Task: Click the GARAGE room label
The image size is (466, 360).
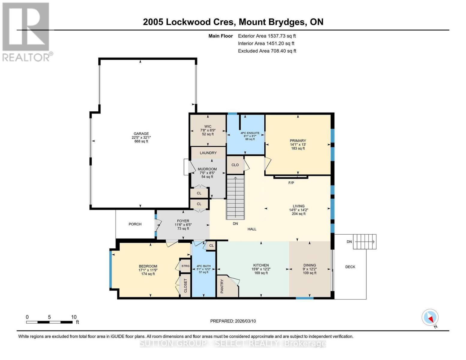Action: tap(141, 134)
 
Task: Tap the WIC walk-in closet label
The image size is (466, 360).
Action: tap(208, 127)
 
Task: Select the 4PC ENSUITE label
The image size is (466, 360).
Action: tap(250, 133)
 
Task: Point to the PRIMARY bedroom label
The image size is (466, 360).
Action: tap(298, 141)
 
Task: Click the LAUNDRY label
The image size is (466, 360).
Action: tap(208, 153)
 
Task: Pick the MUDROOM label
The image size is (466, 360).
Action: tap(207, 169)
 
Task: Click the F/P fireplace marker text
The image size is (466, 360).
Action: tap(291, 183)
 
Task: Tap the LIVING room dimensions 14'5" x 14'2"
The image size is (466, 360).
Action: tap(299, 210)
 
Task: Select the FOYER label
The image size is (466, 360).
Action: tap(183, 221)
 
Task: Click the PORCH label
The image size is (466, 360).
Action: tap(135, 224)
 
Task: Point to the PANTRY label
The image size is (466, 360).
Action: tap(222, 286)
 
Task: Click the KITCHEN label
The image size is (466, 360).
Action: tap(261, 265)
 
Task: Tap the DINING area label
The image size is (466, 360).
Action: tap(309, 265)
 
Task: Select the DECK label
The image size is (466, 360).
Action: tap(350, 267)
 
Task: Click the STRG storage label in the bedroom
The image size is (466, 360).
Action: tap(185, 266)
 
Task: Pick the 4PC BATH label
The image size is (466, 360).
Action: tap(203, 266)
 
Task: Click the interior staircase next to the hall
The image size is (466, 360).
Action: tap(235, 198)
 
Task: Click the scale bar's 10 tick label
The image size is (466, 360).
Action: tap(74, 317)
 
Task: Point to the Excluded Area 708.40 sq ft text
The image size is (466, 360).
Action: tap(267, 51)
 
